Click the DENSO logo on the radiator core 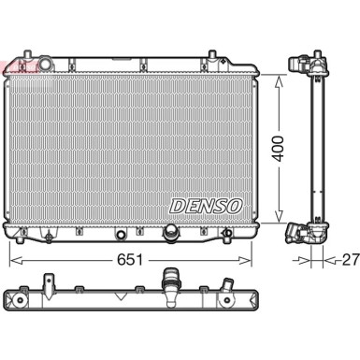coord(206,207)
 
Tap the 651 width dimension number coord(130,260)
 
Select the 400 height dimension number coord(278,149)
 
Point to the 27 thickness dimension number coord(351,260)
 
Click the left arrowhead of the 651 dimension coord(16,260)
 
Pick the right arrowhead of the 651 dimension coord(245,260)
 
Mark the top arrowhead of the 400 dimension coord(279,81)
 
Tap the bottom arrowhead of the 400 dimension coord(279,216)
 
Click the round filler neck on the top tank coord(46,64)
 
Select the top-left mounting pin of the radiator coord(27,55)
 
